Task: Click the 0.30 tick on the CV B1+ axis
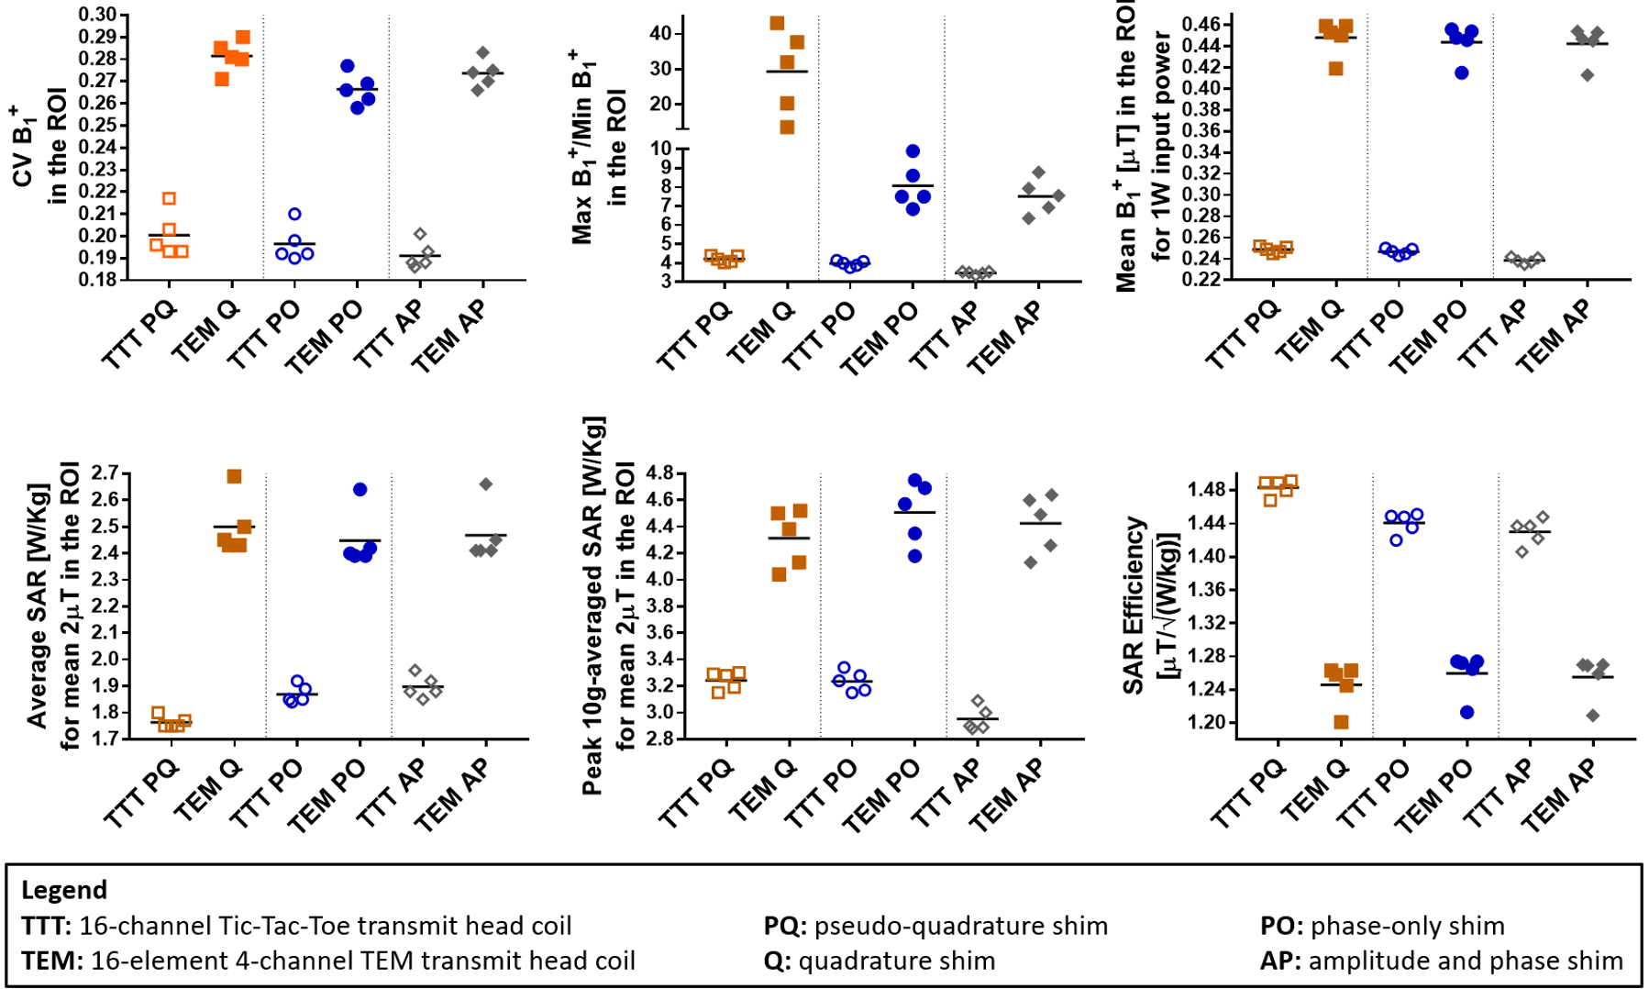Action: click(x=98, y=15)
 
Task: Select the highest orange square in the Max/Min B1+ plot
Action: click(x=777, y=23)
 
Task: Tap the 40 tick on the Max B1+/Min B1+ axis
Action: click(x=660, y=34)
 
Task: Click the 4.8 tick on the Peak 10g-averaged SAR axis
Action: click(x=659, y=473)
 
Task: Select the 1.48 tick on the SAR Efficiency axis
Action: click(x=1207, y=489)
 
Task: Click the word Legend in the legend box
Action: click(x=64, y=890)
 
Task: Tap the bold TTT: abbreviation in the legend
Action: click(x=47, y=926)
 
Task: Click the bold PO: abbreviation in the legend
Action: click(x=1282, y=926)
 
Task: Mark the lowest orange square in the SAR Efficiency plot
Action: click(x=1341, y=722)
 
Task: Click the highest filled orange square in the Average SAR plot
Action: click(x=234, y=477)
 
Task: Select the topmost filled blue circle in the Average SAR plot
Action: click(x=360, y=490)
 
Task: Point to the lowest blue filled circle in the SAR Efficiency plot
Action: click(x=1466, y=712)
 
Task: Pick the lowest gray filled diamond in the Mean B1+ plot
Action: click(x=1588, y=75)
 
